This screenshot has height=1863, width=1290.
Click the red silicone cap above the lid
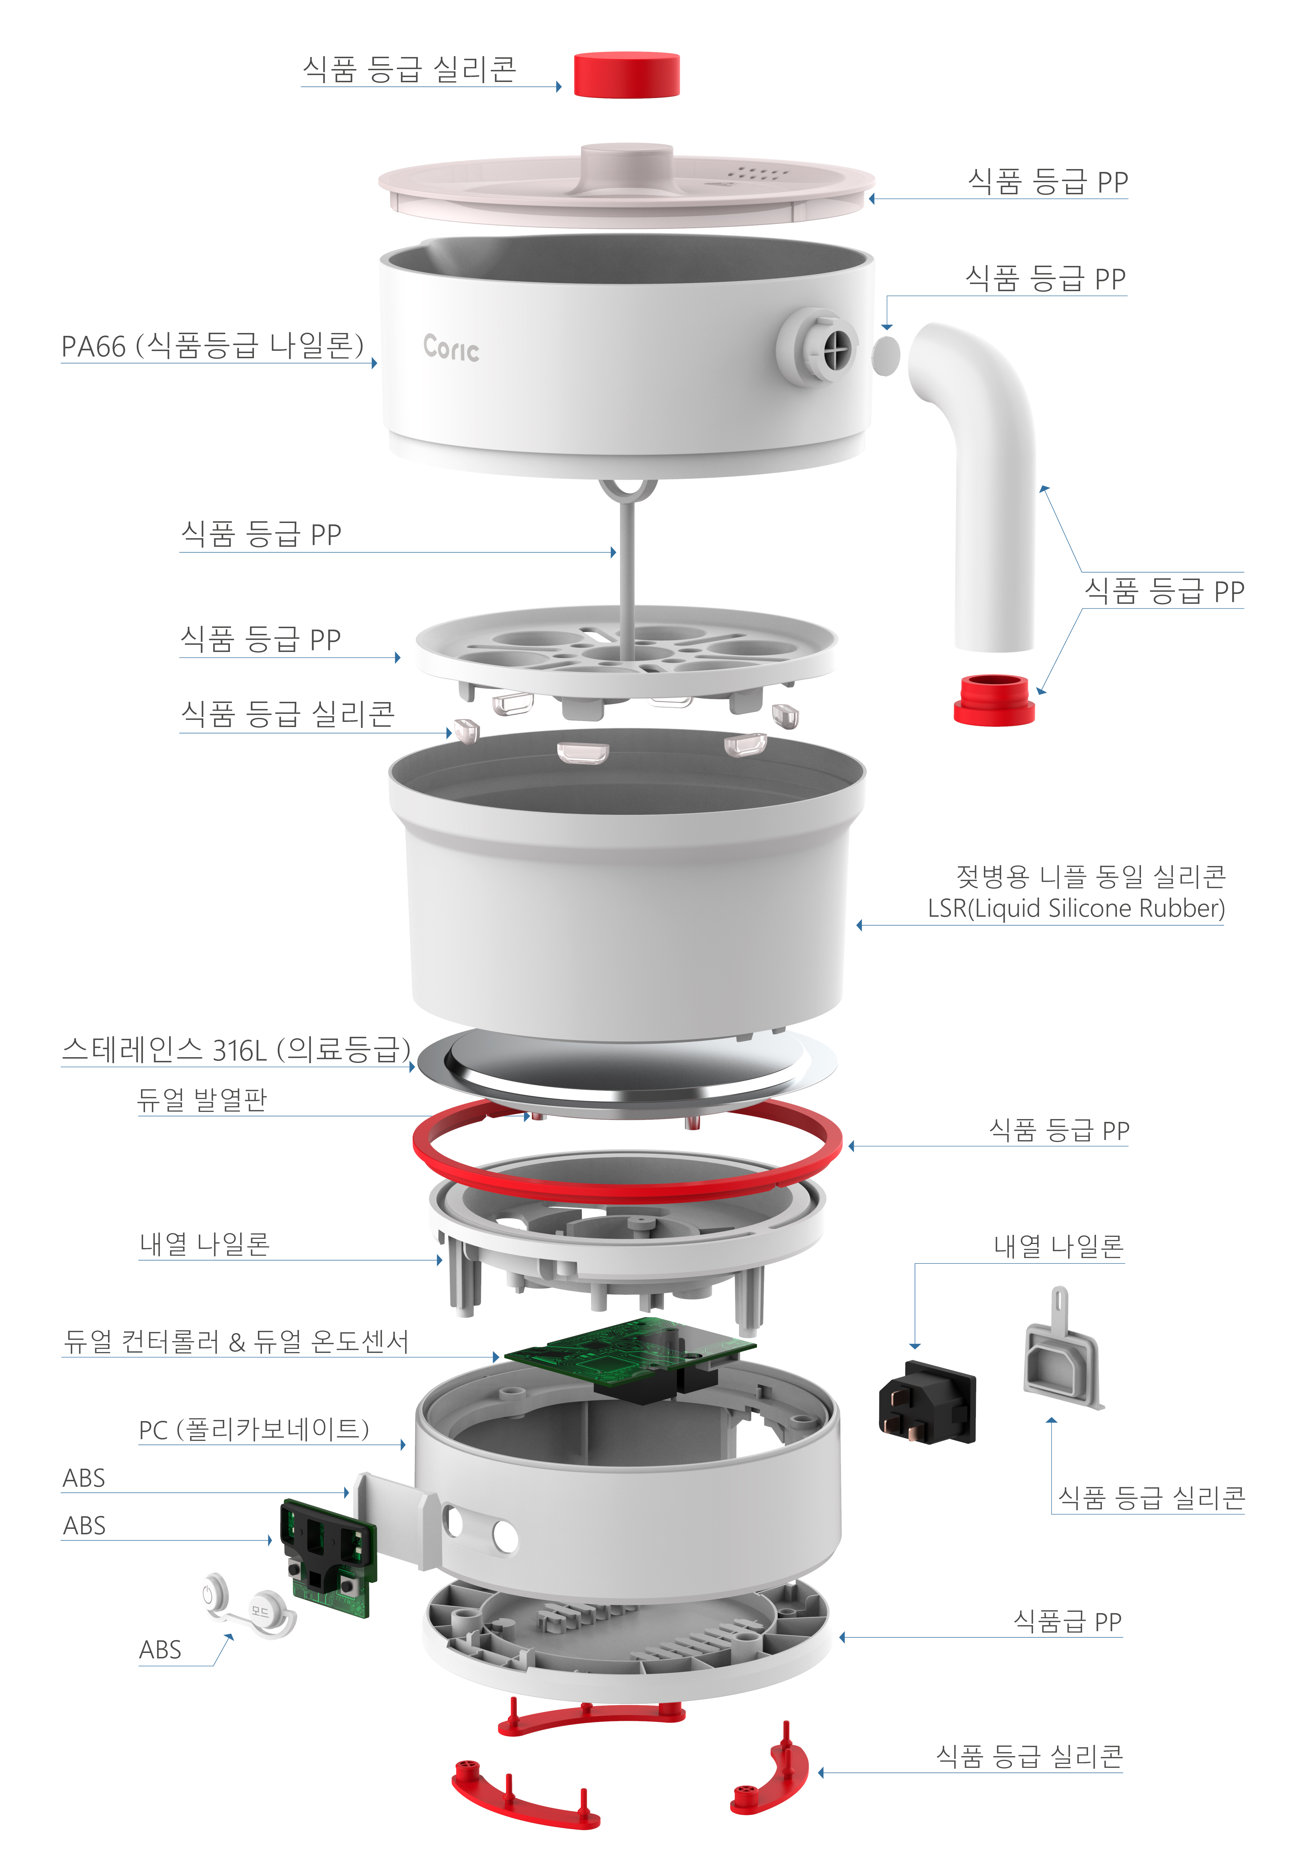(627, 74)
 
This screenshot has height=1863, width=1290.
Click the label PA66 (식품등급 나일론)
(212, 346)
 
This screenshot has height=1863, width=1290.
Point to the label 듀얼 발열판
(202, 1099)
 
